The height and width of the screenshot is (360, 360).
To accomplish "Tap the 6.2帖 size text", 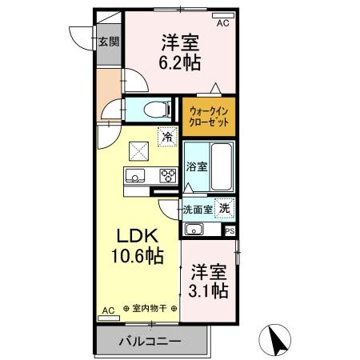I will click(x=179, y=61).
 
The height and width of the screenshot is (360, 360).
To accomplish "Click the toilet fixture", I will click(x=157, y=109).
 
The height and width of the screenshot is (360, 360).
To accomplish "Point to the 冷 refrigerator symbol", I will click(x=167, y=137).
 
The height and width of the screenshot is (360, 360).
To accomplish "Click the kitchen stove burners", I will click(x=167, y=175).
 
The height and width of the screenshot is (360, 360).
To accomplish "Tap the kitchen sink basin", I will click(x=133, y=175).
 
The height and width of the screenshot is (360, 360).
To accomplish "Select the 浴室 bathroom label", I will click(x=196, y=167).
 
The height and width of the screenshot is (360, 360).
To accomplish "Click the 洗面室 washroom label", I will click(x=196, y=210).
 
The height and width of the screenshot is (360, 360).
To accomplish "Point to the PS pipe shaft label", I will click(x=230, y=232).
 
